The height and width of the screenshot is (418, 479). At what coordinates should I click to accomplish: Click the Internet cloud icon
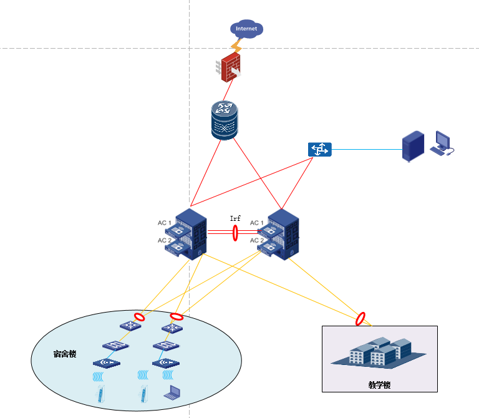(246, 29)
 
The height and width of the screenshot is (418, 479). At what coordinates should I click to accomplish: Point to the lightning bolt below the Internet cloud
(236, 46)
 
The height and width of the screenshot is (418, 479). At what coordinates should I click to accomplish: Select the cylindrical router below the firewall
(225, 120)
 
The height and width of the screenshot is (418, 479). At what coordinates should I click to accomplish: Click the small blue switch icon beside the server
(319, 150)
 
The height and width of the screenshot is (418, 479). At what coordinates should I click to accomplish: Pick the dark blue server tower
(413, 146)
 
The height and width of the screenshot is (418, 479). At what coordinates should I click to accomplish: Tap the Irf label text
(235, 218)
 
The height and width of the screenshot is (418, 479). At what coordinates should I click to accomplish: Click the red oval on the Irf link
(235, 233)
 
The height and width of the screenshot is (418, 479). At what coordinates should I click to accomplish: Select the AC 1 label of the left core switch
(164, 223)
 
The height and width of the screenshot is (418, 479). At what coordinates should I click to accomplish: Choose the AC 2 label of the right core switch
(256, 240)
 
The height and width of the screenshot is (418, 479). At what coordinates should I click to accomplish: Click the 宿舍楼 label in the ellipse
(64, 354)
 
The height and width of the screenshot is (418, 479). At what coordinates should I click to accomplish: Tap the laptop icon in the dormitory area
(171, 393)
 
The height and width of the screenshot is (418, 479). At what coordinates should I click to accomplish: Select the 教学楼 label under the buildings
(379, 385)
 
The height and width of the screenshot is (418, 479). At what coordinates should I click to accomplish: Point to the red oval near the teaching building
(360, 319)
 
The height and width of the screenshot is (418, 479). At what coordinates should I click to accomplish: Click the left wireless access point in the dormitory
(105, 362)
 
